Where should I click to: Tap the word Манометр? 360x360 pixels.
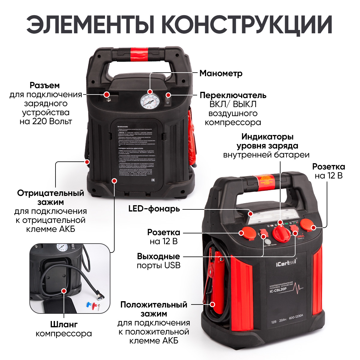tap(221, 73)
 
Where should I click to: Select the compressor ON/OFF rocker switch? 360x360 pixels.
tap(168, 99)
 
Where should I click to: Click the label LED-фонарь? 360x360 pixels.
tap(154, 209)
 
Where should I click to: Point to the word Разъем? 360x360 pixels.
tap(45, 85)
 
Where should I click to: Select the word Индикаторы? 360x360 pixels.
tap(267, 137)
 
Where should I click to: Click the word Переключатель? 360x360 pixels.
tap(233, 95)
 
